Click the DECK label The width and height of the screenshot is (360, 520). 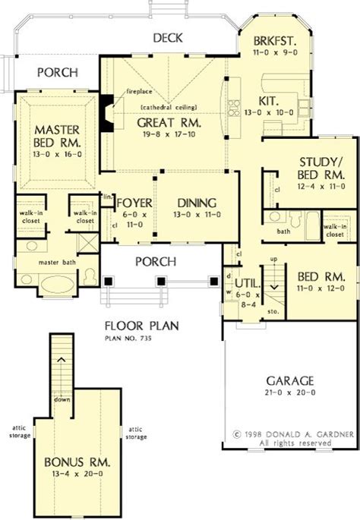168,38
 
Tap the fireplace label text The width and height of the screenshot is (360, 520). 139,91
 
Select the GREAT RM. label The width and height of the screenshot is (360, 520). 169,123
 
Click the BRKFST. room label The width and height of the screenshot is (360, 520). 275,41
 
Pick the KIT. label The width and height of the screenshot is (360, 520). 268,101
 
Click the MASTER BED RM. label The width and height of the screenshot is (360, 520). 57,137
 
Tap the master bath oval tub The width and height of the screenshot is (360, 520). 57,285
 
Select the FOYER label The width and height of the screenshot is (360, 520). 134,203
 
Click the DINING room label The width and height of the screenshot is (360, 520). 197,203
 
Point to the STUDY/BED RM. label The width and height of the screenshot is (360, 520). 321,169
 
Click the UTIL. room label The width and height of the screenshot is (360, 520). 248,284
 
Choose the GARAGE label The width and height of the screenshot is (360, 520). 290,381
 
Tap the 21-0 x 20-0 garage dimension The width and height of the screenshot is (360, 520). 290,392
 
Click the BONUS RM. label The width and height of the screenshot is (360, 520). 77,462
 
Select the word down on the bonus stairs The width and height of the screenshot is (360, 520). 62,399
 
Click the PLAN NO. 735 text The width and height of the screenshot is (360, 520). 128,339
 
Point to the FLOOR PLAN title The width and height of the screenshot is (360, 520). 142,326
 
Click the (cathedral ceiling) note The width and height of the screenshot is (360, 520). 169,108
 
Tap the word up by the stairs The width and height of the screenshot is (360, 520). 274,259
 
